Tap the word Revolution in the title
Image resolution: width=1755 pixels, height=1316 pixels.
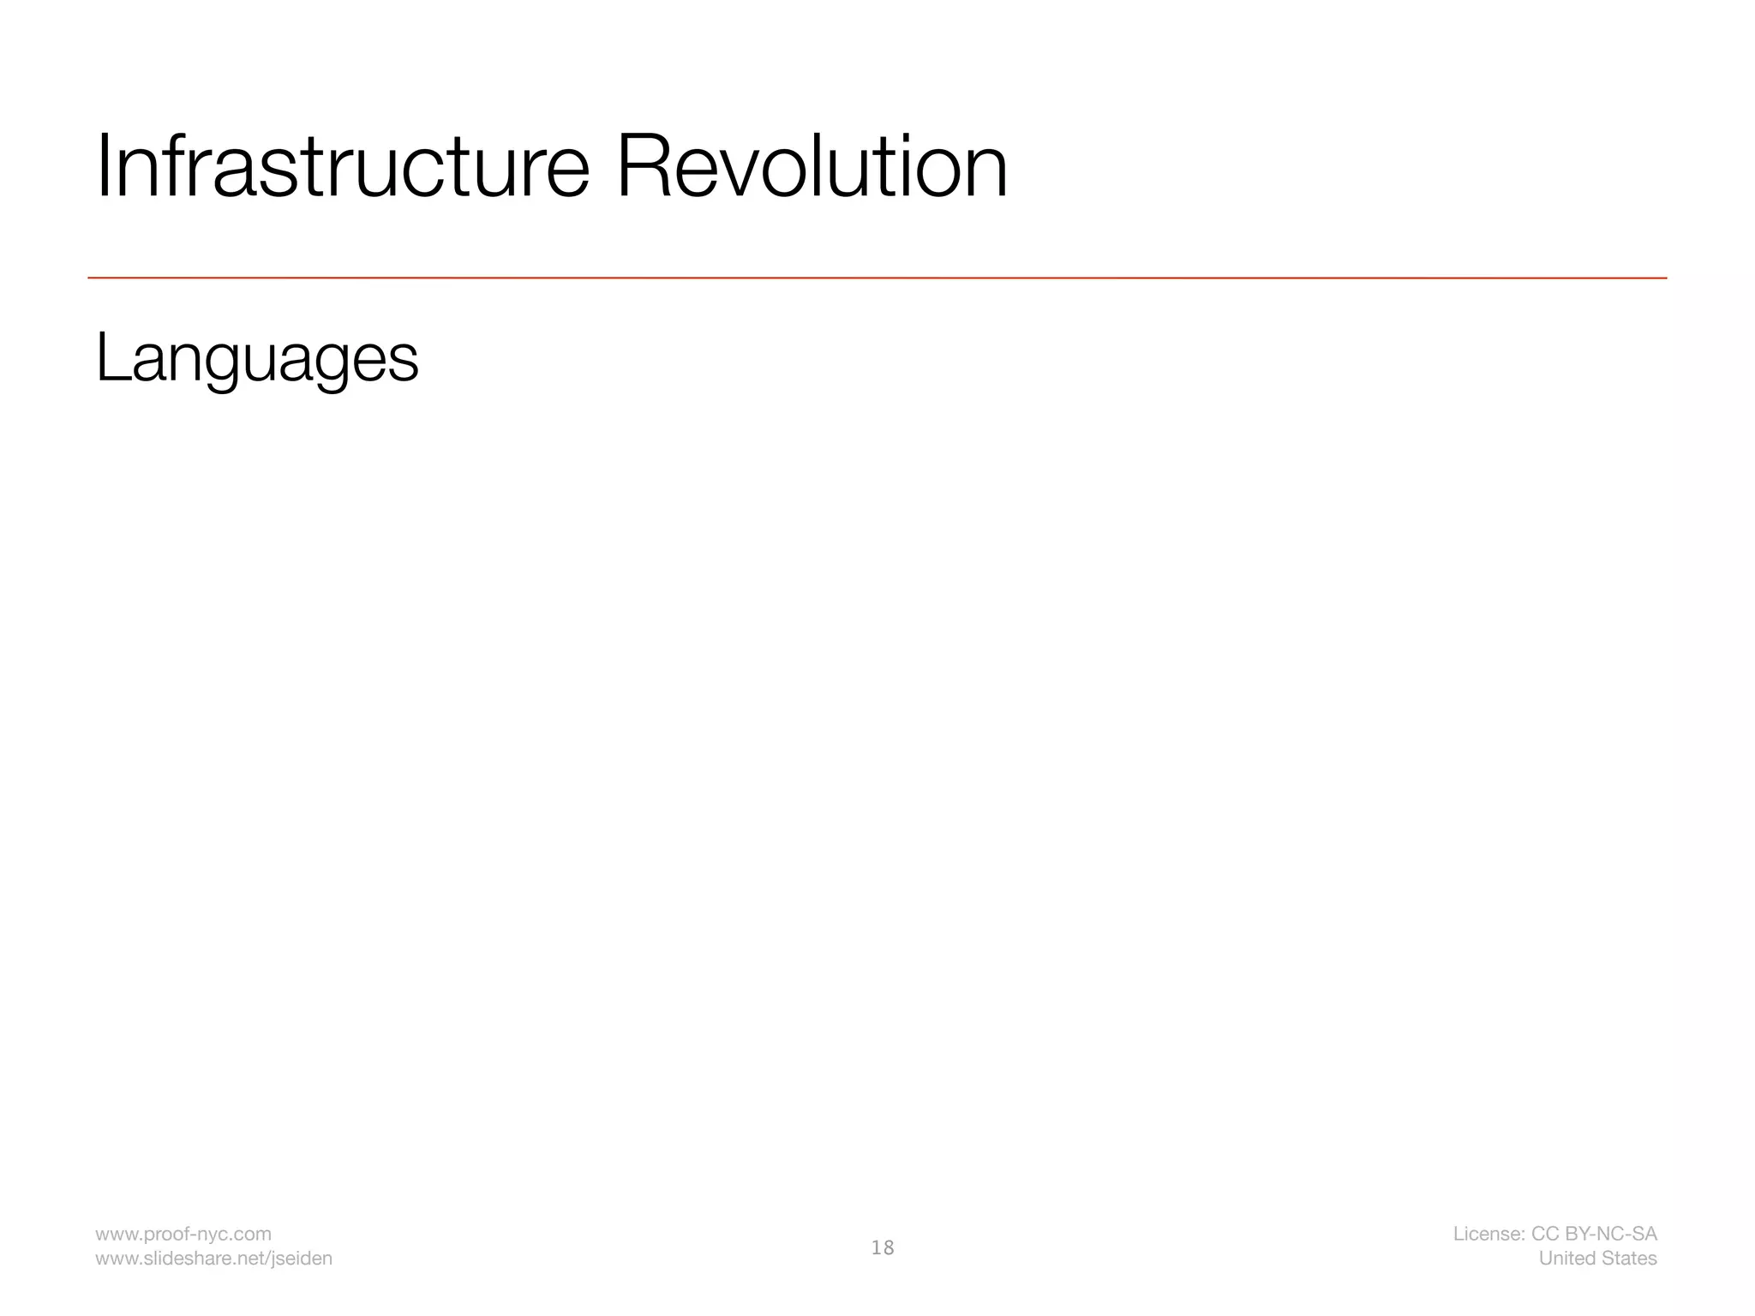pos(811,167)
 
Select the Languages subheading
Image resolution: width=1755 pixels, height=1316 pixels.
pos(257,358)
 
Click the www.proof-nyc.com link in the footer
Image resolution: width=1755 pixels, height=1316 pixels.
pos(183,1234)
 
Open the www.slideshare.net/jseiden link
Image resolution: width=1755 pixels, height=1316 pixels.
pos(213,1258)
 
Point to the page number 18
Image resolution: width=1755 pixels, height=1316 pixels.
pos(882,1247)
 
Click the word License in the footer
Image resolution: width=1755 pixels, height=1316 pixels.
pos(1488,1234)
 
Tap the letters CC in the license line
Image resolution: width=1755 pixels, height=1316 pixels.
pos(1544,1234)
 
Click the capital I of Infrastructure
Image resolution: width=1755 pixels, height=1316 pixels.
pos(105,167)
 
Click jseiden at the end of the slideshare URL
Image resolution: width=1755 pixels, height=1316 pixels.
pos(302,1259)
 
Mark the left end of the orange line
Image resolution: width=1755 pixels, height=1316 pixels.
pos(89,278)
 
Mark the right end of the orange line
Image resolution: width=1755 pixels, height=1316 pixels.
pos(1666,278)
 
